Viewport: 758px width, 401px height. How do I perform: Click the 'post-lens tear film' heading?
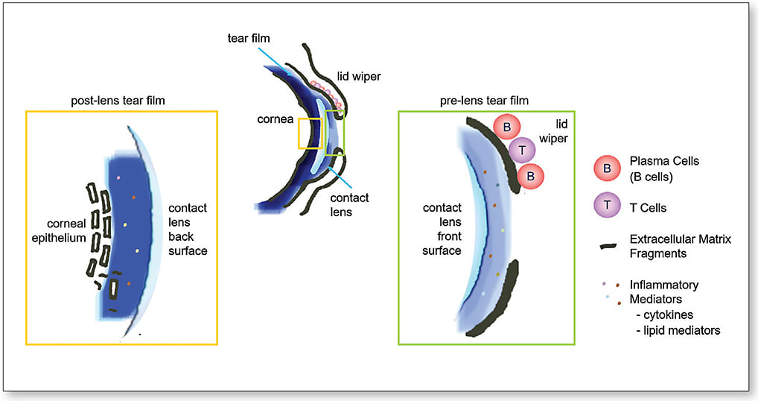[118, 101]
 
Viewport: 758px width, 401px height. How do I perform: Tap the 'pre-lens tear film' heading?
[484, 101]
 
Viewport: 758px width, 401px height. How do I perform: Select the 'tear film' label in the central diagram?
[249, 38]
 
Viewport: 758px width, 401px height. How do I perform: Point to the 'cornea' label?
[275, 119]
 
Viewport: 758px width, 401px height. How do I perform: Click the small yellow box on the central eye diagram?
[310, 133]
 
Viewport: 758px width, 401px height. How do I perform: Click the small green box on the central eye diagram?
[334, 133]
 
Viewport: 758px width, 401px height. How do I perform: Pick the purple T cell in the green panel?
[522, 150]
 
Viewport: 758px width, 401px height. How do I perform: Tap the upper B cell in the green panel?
[506, 127]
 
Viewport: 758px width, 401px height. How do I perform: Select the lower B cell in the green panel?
[530, 176]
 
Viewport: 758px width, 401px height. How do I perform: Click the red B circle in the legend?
[607, 168]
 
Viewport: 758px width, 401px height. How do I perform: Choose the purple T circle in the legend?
[607, 206]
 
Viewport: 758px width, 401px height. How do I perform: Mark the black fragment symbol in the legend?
[608, 246]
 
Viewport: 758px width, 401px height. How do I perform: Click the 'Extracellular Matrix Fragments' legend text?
[680, 246]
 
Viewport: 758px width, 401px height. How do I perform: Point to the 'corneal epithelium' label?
[59, 231]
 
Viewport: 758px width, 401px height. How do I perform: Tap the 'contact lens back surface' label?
[188, 230]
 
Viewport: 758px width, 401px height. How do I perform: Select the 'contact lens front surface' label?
[442, 229]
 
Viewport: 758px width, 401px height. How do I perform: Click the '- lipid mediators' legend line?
[678, 330]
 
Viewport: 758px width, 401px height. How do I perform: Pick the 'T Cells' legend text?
[648, 208]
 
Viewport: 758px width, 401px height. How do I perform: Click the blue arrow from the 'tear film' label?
[275, 61]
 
